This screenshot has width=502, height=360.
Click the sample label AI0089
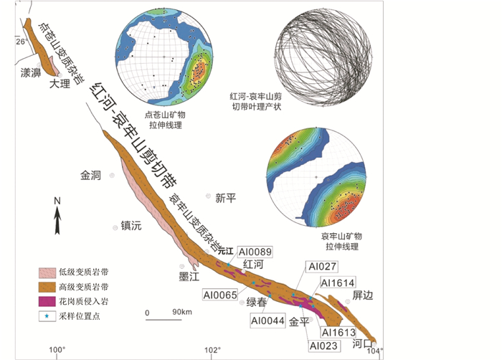253,252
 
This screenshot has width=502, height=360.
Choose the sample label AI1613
338,332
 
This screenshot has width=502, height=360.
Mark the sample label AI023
321,345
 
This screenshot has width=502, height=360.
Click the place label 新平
226,199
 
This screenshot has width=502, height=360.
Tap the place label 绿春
257,302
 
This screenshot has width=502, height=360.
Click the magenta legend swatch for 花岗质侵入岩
48,300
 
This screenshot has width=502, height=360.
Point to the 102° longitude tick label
212,350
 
